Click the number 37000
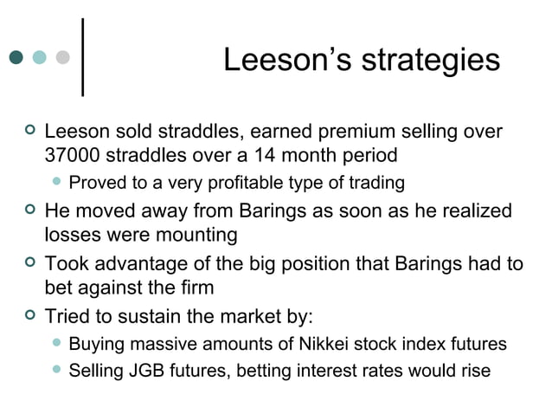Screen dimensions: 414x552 click(73, 157)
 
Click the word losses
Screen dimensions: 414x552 click(70, 235)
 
